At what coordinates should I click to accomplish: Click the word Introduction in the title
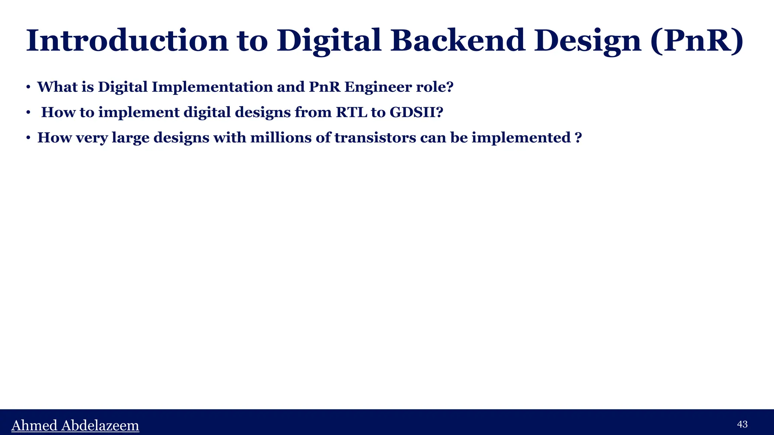[127, 41]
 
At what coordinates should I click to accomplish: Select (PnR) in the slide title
[697, 41]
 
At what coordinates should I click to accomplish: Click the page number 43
[742, 424]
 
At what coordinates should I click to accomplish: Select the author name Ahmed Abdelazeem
[75, 426]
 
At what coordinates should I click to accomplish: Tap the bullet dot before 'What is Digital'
[28, 88]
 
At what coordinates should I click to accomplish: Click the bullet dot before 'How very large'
[28, 138]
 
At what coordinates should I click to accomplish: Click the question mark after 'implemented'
[577, 138]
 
